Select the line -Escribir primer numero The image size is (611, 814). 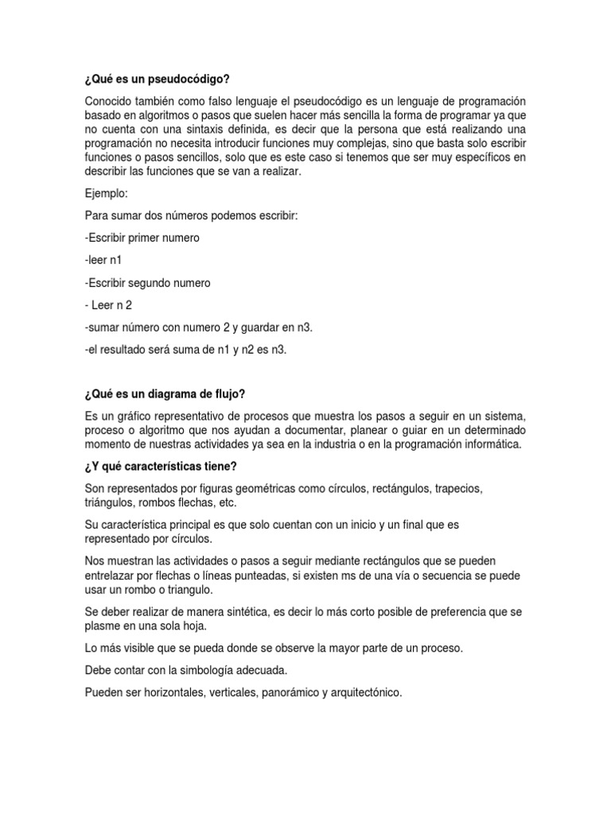click(x=141, y=238)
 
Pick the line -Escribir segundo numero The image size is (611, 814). click(x=146, y=282)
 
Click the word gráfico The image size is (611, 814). click(x=132, y=416)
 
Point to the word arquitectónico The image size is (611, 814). click(x=362, y=692)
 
